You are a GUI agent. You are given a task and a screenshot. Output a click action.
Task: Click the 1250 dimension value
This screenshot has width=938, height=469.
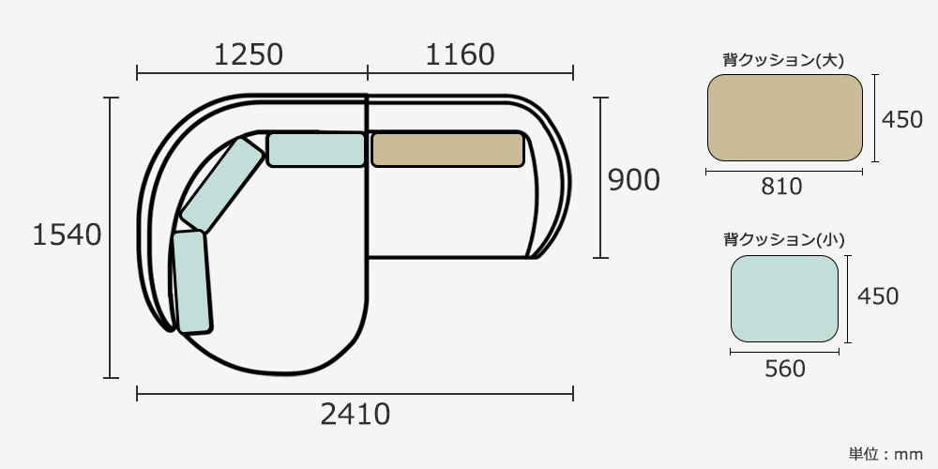coord(248,55)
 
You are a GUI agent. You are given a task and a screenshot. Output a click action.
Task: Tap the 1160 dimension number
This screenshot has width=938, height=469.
coord(460,55)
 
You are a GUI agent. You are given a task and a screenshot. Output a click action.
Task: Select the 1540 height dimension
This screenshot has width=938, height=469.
coord(67,235)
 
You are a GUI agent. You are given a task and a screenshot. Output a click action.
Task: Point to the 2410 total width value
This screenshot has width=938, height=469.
coord(356,414)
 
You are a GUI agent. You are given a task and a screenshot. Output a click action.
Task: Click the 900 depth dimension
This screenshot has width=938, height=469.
coord(633,180)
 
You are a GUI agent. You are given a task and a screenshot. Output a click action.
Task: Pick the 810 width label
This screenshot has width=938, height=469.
coord(781,187)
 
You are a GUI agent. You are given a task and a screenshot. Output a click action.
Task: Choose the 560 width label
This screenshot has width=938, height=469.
coord(785,369)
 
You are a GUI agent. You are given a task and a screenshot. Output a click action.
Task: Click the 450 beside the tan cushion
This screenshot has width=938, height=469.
coord(902,120)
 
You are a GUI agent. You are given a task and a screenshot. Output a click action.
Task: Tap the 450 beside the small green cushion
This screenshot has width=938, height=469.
coord(878,296)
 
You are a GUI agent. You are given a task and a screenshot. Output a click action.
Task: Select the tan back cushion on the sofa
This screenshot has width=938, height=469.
coord(447,149)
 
